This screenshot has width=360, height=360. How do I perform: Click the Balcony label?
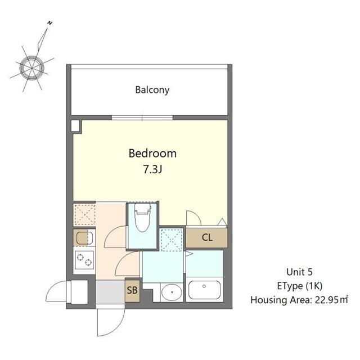click(x=152, y=90)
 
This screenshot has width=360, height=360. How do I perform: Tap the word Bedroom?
click(x=152, y=154)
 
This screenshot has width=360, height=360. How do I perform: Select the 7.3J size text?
click(x=152, y=169)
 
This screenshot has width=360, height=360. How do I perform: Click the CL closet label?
click(x=207, y=237)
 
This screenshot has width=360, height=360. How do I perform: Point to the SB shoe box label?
click(x=132, y=290)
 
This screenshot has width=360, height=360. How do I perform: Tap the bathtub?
click(x=204, y=290)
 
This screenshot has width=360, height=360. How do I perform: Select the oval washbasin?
click(x=172, y=292)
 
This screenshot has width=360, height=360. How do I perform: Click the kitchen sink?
click(x=84, y=238)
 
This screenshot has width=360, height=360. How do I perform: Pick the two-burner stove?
click(x=84, y=260)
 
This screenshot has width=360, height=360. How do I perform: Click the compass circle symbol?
click(x=31, y=67)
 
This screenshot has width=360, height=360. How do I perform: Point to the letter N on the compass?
click(x=50, y=22)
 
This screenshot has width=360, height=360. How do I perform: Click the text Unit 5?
click(x=299, y=272)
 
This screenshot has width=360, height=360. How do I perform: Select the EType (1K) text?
click(x=300, y=286)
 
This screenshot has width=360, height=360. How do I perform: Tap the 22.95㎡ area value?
click(x=331, y=300)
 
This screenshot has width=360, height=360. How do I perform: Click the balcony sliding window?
click(x=142, y=118)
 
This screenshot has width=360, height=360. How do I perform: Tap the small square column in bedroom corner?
click(x=75, y=125)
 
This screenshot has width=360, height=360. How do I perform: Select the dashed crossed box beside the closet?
click(x=172, y=240)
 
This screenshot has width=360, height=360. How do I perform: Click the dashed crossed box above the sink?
click(x=85, y=215)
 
